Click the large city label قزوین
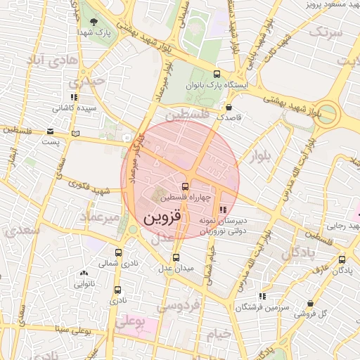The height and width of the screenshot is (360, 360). click(162, 218)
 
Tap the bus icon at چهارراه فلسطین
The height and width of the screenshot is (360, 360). click(185, 187)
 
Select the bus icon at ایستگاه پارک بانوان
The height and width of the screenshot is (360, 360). click(214, 75)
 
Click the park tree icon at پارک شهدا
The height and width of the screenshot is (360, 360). click(94, 22)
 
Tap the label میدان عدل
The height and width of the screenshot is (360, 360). click(175, 267)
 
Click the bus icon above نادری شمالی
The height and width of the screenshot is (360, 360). click(117, 252)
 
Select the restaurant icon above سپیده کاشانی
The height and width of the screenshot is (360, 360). click(73, 98)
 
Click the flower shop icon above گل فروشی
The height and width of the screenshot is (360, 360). click(309, 303)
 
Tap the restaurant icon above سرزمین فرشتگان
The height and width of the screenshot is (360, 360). click(262, 297)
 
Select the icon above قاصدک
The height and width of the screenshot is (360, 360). click(229, 108)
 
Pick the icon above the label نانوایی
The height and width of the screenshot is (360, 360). click(84, 274)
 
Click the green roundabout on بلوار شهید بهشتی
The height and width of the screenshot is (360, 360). click(326, 115)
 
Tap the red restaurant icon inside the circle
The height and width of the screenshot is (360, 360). click(224, 209)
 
